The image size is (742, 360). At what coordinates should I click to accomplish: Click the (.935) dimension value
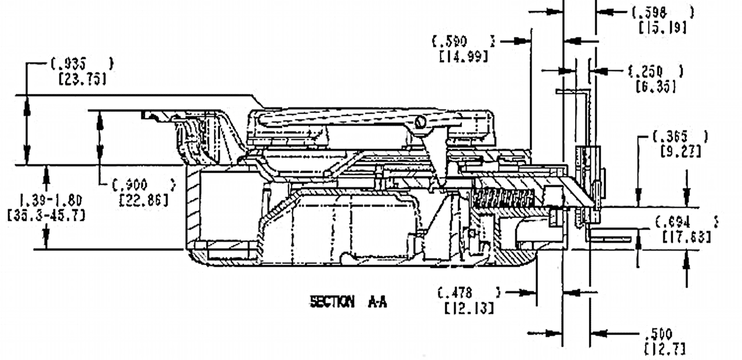pyautogui.click(x=81, y=64)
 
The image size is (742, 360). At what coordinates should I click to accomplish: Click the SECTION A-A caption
pyautogui.click(x=348, y=302)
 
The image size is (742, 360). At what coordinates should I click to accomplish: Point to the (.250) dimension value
pyautogui.click(x=656, y=72)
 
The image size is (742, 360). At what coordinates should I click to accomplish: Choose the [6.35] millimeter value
pyautogui.click(x=656, y=86)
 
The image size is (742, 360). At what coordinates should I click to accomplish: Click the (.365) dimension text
pyautogui.click(x=680, y=137)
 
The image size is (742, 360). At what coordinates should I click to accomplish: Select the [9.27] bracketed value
pyautogui.click(x=681, y=152)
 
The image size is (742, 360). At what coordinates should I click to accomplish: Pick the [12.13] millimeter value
pyautogui.click(x=469, y=307)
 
